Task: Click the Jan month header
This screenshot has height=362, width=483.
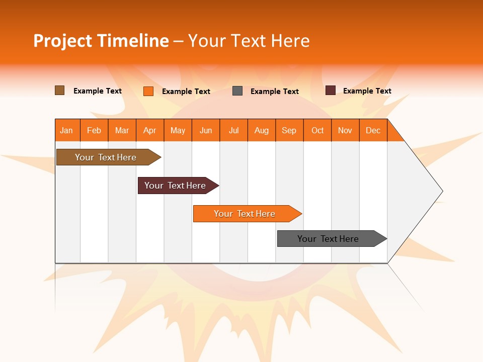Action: click(x=67, y=130)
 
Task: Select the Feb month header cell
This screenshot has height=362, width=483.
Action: click(x=94, y=130)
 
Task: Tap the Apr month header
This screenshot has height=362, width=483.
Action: click(x=150, y=130)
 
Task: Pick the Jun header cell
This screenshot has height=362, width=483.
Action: click(x=206, y=130)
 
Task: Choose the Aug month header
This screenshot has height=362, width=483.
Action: click(x=262, y=130)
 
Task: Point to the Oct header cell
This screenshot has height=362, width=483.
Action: click(x=317, y=130)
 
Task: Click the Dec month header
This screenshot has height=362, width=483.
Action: click(x=373, y=130)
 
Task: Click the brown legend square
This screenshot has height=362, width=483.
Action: click(x=60, y=90)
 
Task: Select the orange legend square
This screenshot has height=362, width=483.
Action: click(x=148, y=91)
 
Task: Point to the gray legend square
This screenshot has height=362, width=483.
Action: click(x=237, y=91)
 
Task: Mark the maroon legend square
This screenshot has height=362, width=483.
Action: click(x=331, y=90)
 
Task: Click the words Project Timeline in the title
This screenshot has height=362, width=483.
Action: click(x=101, y=41)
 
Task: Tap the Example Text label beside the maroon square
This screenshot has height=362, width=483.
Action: click(x=367, y=91)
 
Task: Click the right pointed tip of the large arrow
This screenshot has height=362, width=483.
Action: click(x=442, y=191)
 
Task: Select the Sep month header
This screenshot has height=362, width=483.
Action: click(x=289, y=130)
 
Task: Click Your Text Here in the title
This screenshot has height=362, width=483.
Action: click(x=249, y=41)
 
